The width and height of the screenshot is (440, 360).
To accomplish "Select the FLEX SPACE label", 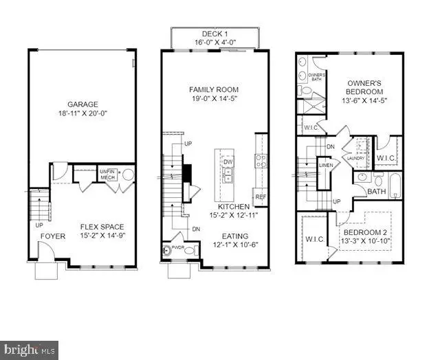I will pyautogui.click(x=102, y=227).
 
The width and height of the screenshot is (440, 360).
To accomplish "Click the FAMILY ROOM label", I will pyautogui.click(x=215, y=89).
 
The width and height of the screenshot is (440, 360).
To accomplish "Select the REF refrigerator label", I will pyautogui.click(x=260, y=196).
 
